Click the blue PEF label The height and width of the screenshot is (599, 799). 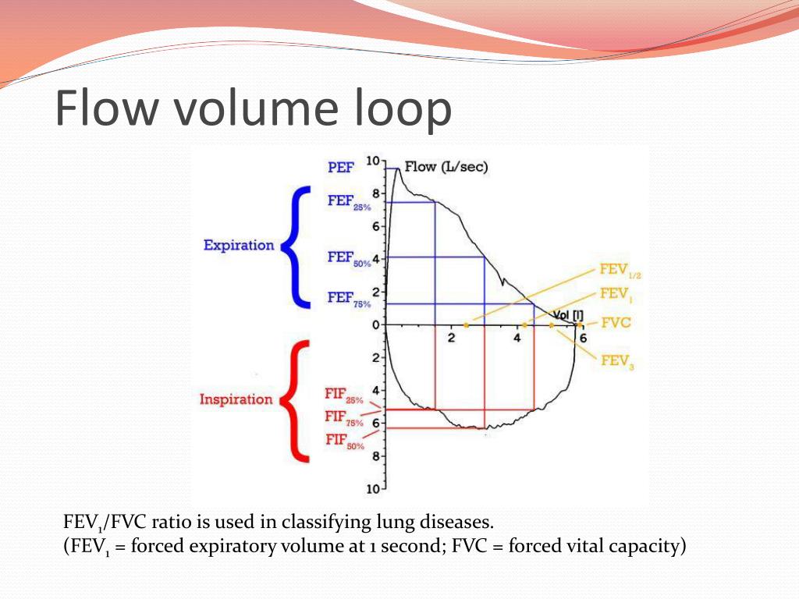pyautogui.click(x=340, y=167)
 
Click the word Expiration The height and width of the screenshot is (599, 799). pyautogui.click(x=239, y=246)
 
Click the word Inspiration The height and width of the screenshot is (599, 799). pyautogui.click(x=236, y=400)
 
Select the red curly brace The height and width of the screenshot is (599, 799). pyautogui.click(x=295, y=400)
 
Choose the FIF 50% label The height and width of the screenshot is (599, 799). pyautogui.click(x=344, y=441)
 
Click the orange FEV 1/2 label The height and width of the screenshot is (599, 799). pyautogui.click(x=620, y=271)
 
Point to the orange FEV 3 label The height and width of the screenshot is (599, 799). pyautogui.click(x=617, y=361)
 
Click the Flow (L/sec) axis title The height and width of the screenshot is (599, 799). pyautogui.click(x=446, y=167)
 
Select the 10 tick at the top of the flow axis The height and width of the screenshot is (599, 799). pyautogui.click(x=372, y=161)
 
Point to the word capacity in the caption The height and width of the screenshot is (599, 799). pyautogui.click(x=645, y=547)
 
